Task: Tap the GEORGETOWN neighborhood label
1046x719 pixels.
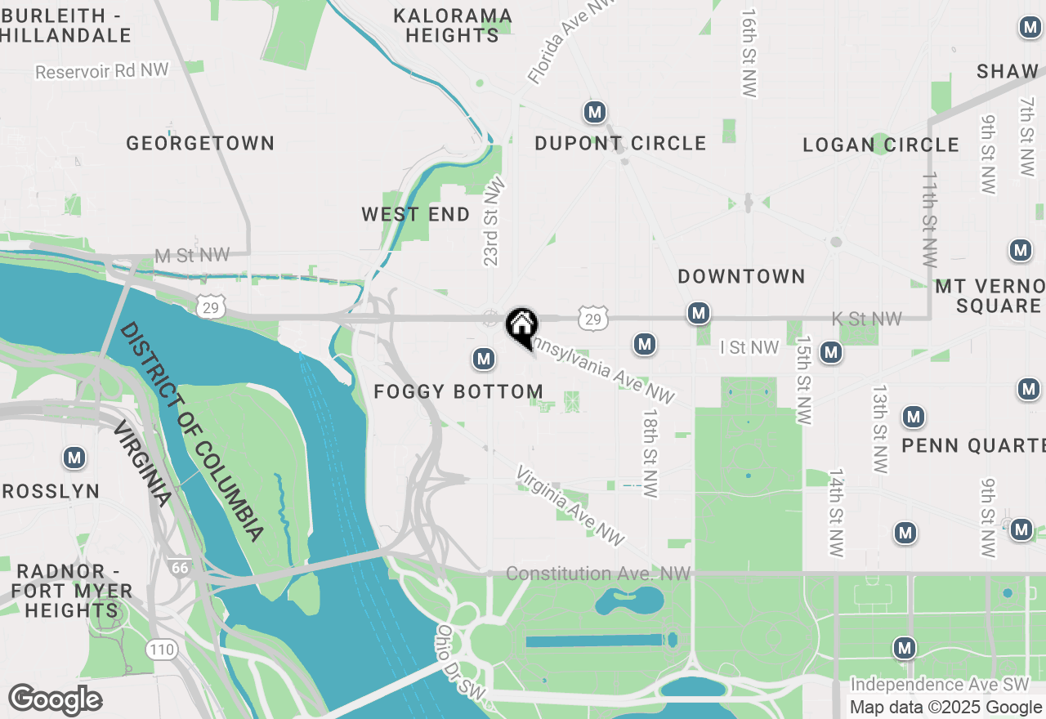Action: [x=200, y=144]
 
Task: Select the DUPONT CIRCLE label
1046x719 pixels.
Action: [x=620, y=144]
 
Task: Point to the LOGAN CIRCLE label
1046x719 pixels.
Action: [x=881, y=145]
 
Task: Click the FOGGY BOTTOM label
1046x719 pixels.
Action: [x=458, y=392]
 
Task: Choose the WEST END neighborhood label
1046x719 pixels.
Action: [x=416, y=215]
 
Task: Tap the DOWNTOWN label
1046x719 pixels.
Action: [x=742, y=277]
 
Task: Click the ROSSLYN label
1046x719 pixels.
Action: [x=51, y=492]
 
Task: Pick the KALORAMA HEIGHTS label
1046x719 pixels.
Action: [x=452, y=26]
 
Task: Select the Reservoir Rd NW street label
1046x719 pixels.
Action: [x=102, y=72]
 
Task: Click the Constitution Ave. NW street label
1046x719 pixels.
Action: [x=598, y=574]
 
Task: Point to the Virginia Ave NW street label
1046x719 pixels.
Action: [x=571, y=506]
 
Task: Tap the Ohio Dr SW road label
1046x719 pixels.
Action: [x=460, y=663]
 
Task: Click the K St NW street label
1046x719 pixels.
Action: [x=866, y=319]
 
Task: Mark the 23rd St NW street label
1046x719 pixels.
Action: [x=493, y=221]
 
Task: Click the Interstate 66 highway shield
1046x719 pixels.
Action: [x=180, y=566]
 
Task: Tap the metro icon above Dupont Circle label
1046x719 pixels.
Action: [x=595, y=112]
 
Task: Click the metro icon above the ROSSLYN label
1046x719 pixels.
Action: [x=75, y=458]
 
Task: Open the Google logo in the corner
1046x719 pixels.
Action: [x=55, y=700]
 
